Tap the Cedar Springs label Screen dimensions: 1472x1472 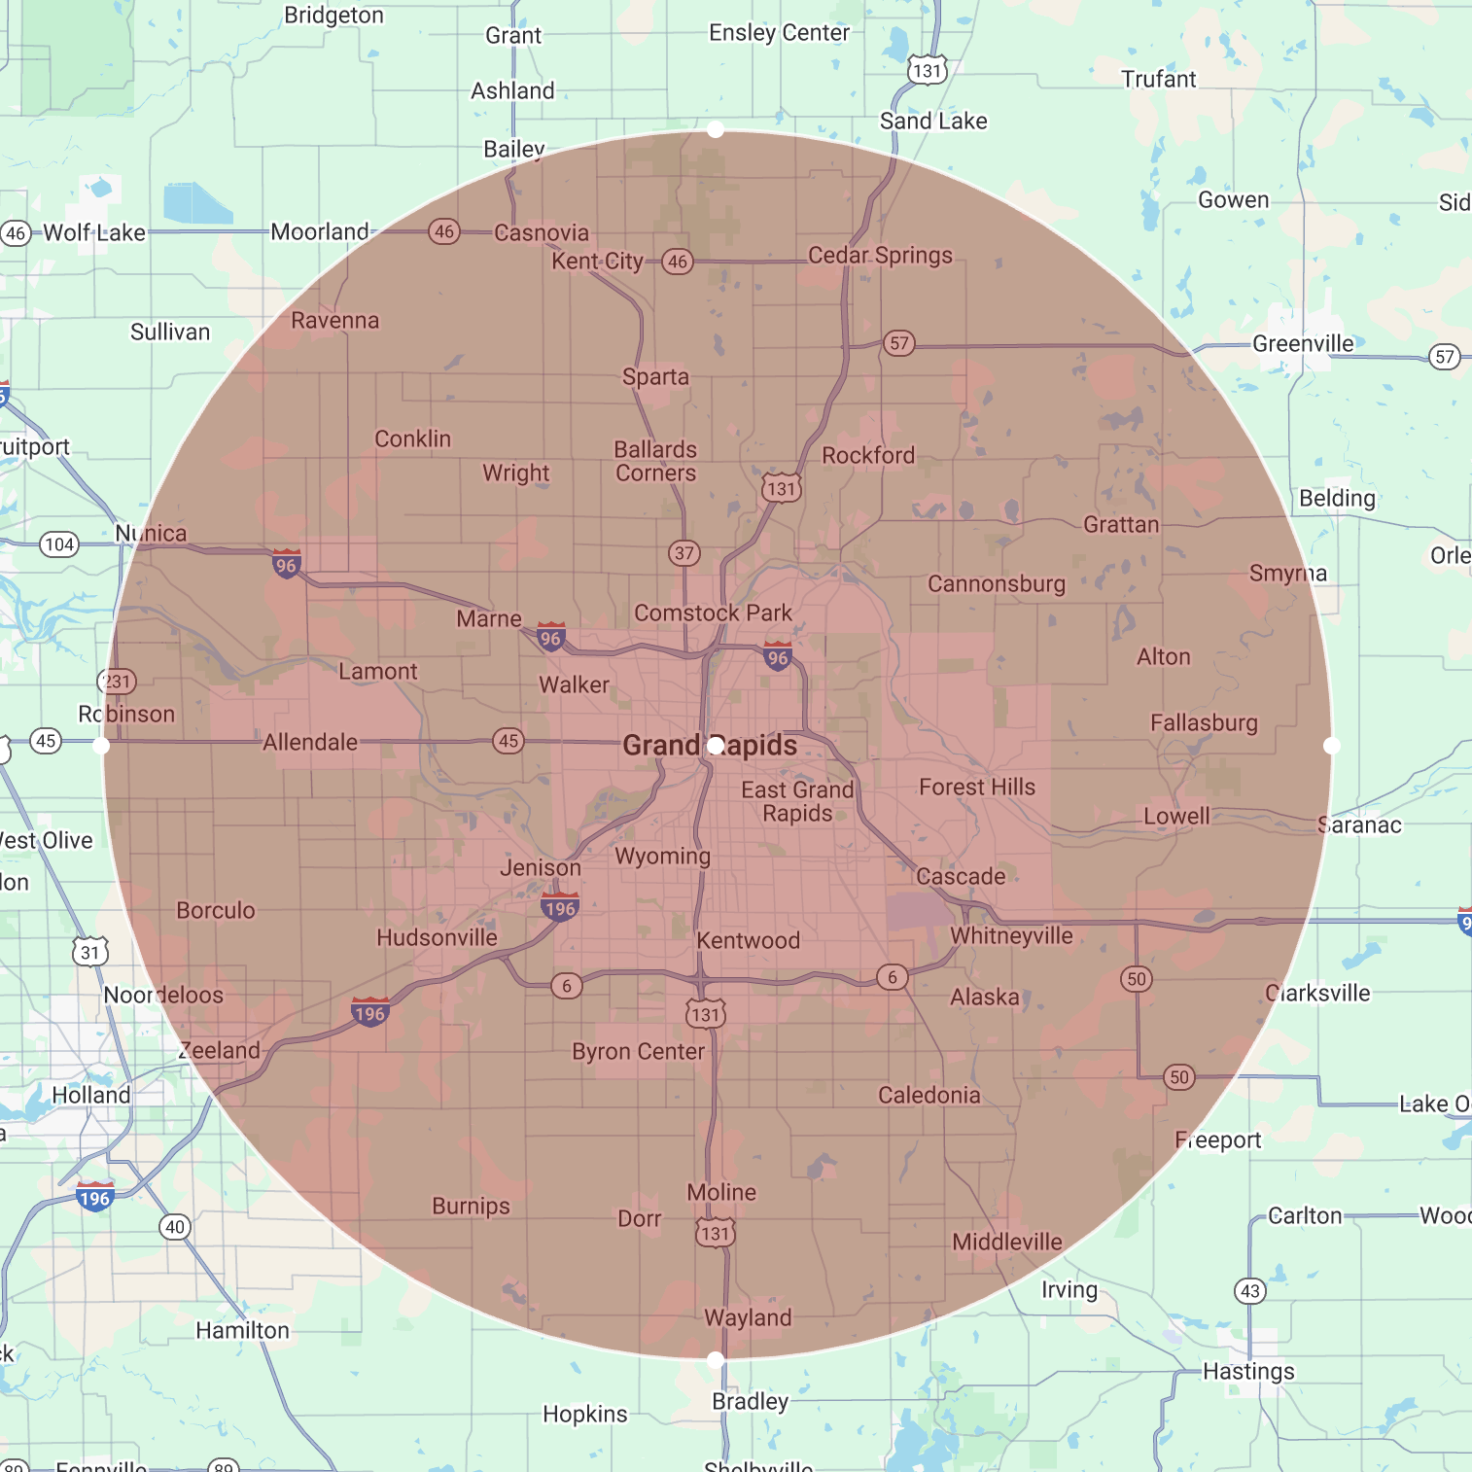click(880, 255)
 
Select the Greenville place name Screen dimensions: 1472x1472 click(1302, 343)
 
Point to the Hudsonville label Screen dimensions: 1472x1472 click(437, 937)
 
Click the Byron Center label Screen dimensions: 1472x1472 click(638, 1051)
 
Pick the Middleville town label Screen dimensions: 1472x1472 click(1007, 1242)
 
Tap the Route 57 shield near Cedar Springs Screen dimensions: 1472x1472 click(899, 343)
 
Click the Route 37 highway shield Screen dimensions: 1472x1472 click(684, 553)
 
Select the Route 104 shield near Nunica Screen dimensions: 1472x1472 click(59, 544)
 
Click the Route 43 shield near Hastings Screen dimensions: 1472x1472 click(1250, 1291)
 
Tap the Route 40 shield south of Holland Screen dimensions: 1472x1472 click(175, 1227)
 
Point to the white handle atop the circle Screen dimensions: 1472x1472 click(716, 129)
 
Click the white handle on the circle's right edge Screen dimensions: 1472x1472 click(1332, 746)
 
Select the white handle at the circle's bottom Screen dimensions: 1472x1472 click(716, 1359)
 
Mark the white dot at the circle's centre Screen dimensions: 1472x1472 click(716, 746)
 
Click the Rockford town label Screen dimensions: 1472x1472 click(868, 455)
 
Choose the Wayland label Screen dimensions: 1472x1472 click(748, 1317)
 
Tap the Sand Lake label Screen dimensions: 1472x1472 click(933, 121)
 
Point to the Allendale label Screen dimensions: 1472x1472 click(310, 742)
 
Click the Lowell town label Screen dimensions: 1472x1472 click(1176, 816)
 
